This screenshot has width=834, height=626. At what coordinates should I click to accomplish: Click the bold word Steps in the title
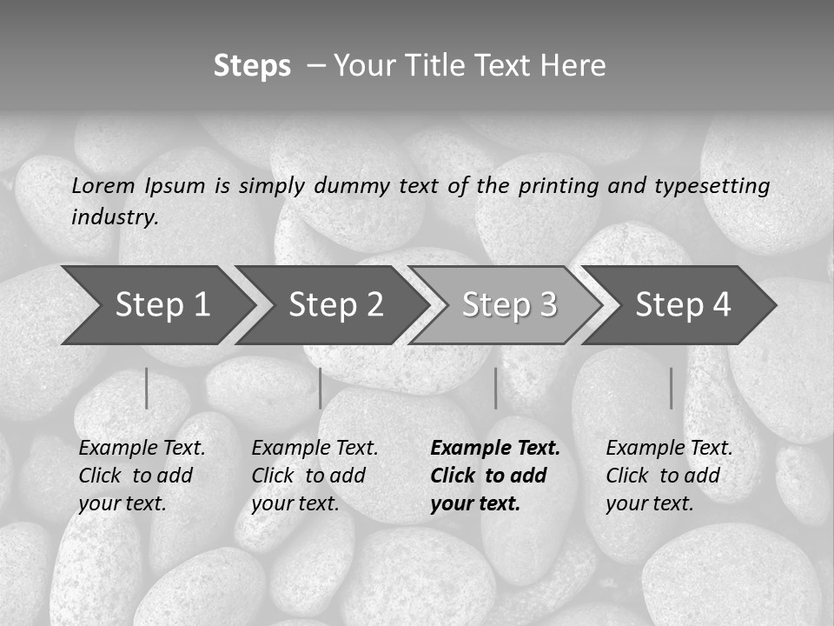[x=252, y=66]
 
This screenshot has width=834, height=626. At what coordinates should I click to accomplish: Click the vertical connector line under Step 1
[x=147, y=388]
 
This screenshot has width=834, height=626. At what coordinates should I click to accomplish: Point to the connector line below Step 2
[x=321, y=388]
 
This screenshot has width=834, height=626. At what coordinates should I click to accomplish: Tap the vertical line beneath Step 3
[x=495, y=388]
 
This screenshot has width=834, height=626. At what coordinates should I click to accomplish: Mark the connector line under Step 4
[x=671, y=388]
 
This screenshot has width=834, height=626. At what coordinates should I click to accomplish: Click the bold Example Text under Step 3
[x=495, y=449]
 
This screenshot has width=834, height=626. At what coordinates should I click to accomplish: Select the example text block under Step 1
[x=142, y=476]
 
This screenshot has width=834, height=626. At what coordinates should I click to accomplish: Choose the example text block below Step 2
[x=314, y=476]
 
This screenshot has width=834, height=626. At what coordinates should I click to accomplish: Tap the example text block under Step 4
[x=669, y=476]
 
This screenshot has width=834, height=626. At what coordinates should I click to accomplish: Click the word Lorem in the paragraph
[x=103, y=185]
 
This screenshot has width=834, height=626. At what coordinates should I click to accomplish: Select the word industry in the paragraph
[x=115, y=217]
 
